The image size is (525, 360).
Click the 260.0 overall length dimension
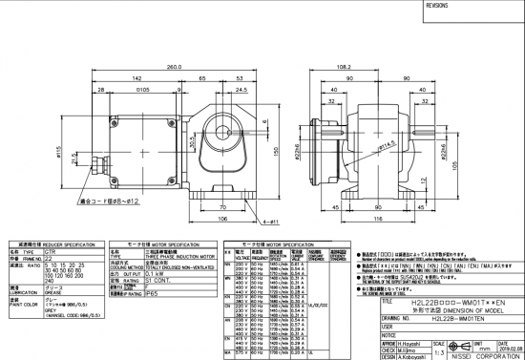[174, 68]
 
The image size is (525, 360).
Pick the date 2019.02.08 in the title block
[504, 349]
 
